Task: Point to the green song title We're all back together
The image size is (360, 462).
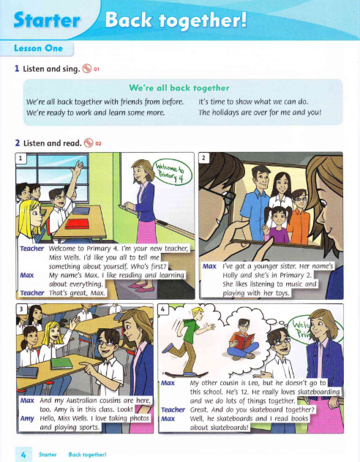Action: click(179, 86)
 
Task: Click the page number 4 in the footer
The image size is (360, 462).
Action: click(23, 453)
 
